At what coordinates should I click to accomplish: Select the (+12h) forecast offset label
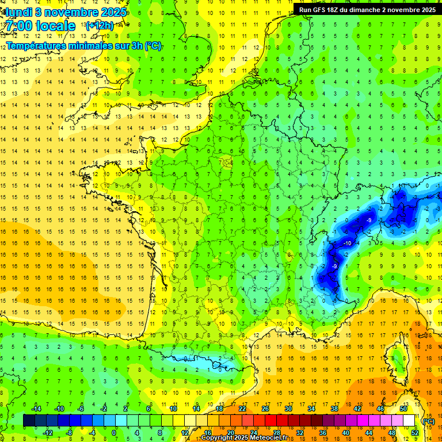100,25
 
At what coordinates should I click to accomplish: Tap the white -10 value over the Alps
347,243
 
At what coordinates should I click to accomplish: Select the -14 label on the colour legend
36,409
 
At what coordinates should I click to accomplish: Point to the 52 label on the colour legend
414,433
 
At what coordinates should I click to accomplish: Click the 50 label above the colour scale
403,409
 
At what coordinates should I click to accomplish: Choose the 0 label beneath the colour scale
114,433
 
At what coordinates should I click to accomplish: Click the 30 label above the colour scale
288,409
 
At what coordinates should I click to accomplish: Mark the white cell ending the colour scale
409,421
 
